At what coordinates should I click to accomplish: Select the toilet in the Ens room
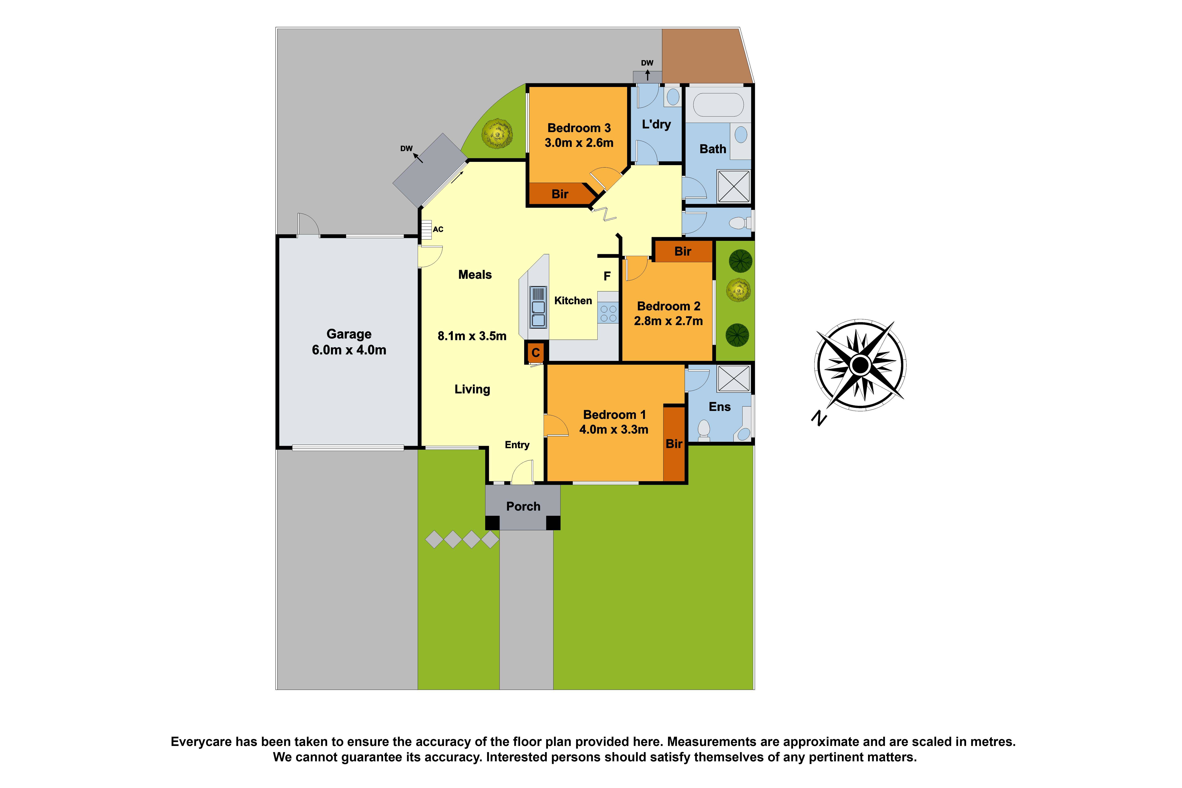pos(704,430)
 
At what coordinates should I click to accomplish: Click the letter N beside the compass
pos(819,418)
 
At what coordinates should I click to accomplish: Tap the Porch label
pos(523,506)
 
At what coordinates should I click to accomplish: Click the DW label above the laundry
pos(647,63)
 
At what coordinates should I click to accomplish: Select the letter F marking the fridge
pos(607,276)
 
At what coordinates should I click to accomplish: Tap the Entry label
pos(517,445)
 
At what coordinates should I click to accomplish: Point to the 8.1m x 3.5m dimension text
pos(472,336)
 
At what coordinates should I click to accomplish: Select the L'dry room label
pos(656,124)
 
